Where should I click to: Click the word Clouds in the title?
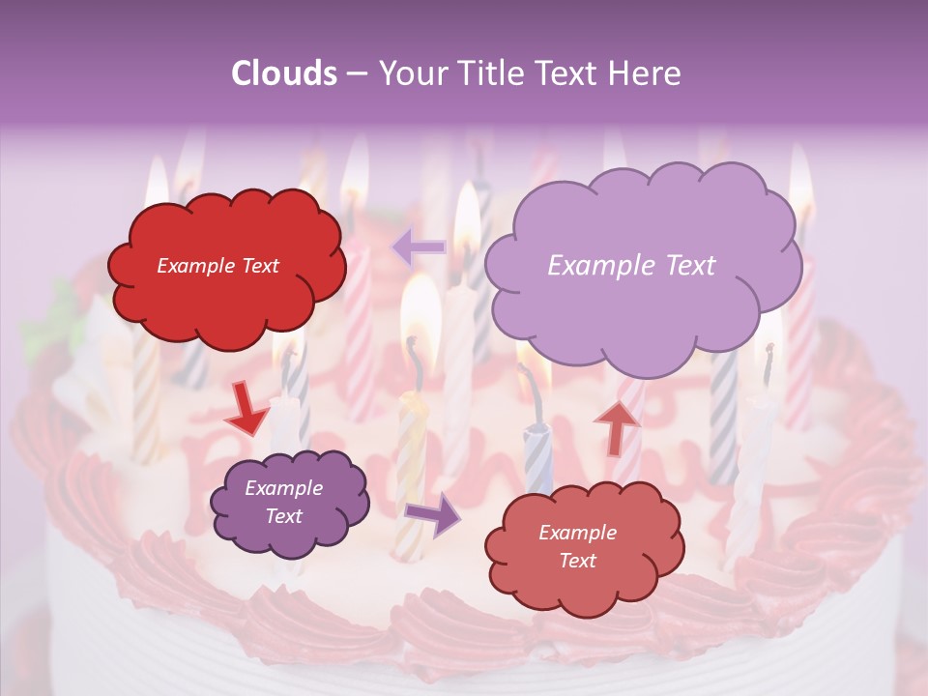[x=284, y=73]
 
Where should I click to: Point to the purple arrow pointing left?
[x=420, y=247]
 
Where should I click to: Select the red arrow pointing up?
[x=617, y=426]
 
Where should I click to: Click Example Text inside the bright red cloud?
[x=217, y=266]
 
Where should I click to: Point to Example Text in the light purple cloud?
[x=631, y=266]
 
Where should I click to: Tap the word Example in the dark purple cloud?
[x=283, y=488]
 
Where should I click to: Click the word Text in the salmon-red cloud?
[x=577, y=561]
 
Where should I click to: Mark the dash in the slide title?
[x=357, y=73]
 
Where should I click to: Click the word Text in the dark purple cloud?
[x=283, y=516]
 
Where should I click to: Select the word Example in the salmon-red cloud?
[x=577, y=533]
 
